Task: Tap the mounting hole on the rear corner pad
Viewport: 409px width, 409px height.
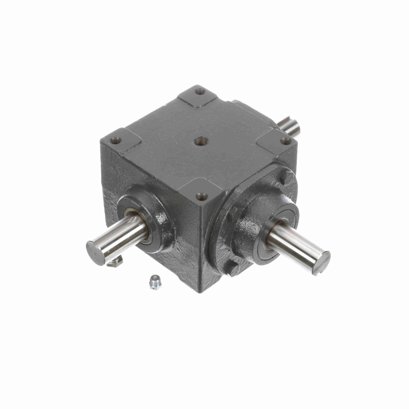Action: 200,91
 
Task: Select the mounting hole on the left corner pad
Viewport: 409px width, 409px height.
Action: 115,140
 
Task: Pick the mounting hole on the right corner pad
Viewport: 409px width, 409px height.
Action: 285,140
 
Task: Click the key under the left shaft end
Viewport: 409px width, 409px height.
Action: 115,261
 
